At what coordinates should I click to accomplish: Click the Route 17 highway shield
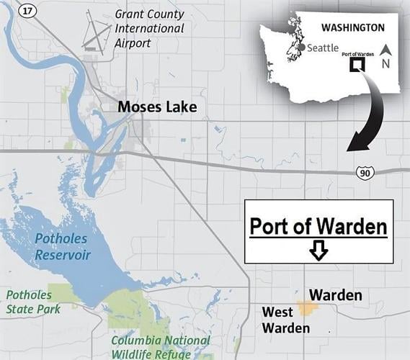click(28, 12)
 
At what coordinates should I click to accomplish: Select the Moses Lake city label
click(158, 108)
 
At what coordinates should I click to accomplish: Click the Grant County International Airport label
click(149, 29)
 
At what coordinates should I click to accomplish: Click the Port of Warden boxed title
click(318, 227)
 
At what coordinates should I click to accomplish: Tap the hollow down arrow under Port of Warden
click(318, 250)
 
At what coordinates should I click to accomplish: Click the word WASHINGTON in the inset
click(352, 27)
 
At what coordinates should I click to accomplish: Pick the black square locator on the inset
click(356, 65)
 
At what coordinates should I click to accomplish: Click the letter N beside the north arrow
click(386, 63)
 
